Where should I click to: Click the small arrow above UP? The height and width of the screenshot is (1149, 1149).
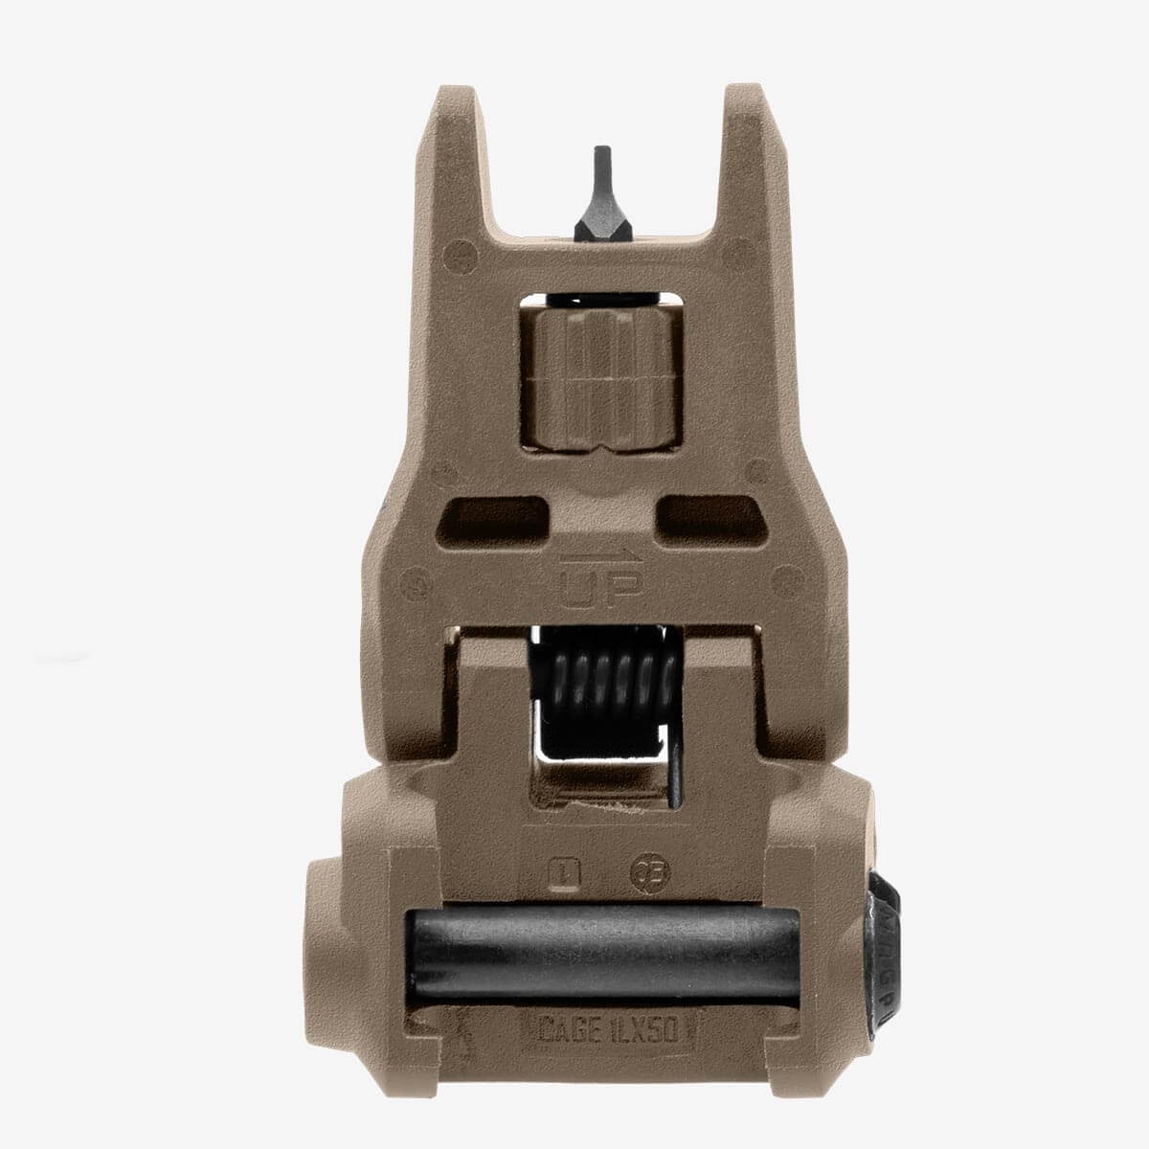click(600, 556)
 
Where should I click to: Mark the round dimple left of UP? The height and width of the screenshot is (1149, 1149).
click(417, 580)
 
